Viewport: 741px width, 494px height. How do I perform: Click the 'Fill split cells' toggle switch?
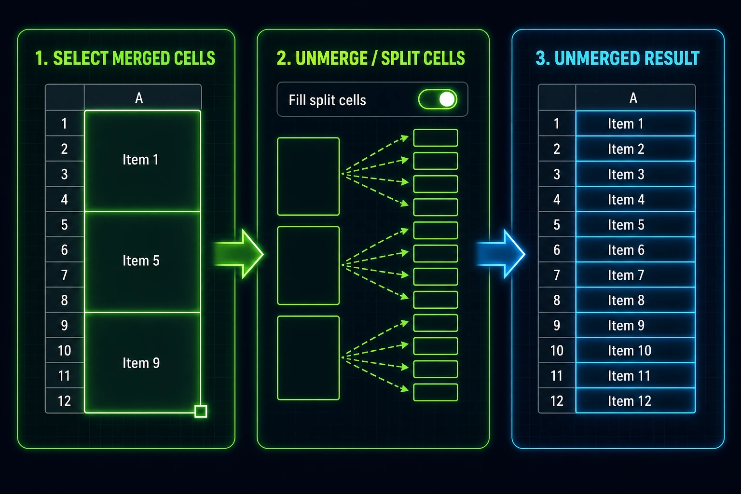(438, 99)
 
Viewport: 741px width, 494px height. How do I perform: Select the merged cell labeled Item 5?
(142, 261)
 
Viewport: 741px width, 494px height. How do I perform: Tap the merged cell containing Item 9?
(142, 363)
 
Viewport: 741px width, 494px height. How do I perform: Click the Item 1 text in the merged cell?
(140, 160)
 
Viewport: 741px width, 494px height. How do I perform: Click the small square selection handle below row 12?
(201, 411)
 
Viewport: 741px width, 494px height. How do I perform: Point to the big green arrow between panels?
(239, 254)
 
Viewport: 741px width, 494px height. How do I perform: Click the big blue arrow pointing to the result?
(501, 254)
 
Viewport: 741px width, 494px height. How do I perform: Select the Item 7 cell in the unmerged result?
(635, 275)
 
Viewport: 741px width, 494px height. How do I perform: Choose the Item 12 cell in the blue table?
(635, 401)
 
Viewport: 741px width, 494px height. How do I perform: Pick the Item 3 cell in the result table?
(635, 174)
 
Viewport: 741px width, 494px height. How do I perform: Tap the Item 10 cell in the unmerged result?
(635, 351)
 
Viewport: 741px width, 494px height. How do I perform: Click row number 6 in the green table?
(65, 250)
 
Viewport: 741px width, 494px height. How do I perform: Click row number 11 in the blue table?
(557, 376)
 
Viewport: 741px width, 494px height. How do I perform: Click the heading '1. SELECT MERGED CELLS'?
(125, 58)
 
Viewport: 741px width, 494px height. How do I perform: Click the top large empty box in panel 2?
(308, 177)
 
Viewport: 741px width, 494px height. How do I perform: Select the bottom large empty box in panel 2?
(308, 358)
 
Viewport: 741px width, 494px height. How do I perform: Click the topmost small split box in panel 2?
(436, 138)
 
